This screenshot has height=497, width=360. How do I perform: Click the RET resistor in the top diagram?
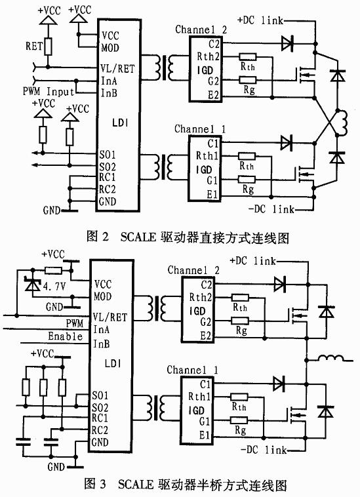tap(48, 47)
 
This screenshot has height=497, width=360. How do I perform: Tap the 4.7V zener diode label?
tap(54, 287)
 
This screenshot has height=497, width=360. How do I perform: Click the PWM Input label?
tap(49, 92)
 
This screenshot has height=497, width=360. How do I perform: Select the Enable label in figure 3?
tap(66, 336)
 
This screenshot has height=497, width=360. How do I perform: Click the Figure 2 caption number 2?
tap(105, 237)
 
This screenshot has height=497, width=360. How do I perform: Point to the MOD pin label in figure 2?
tap(110, 48)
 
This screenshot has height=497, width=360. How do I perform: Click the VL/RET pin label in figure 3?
tap(110, 317)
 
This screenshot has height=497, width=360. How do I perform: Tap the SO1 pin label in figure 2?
tap(108, 155)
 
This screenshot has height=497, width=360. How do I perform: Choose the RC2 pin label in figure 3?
tap(100, 430)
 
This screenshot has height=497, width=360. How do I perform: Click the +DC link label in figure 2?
tap(260, 20)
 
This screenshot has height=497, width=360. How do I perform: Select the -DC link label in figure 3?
tap(264, 449)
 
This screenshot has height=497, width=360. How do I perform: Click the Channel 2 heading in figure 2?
tap(201, 30)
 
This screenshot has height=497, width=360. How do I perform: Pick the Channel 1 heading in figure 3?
tap(192, 370)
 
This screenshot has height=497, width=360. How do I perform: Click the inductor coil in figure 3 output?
tap(330, 358)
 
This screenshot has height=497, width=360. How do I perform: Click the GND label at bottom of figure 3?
tap(56, 467)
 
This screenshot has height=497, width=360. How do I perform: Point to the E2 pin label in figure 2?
tap(213, 95)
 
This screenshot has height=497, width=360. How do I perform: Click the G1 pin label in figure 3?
tap(205, 421)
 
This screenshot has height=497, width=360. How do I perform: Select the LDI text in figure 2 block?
tap(121, 123)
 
